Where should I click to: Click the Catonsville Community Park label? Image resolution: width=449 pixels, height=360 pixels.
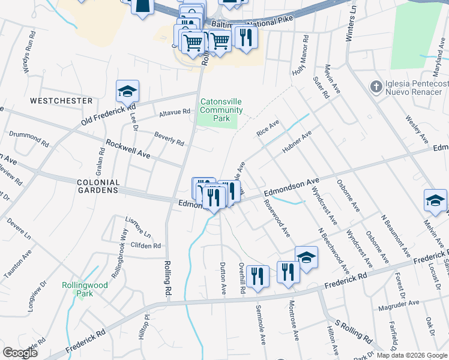coord(221,110)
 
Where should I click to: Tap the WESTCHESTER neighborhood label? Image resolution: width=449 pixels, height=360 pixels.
coord(61,101)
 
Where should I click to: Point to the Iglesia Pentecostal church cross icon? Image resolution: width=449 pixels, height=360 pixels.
coord(376,86)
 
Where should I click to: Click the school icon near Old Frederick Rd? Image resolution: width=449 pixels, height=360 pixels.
coord(127,91)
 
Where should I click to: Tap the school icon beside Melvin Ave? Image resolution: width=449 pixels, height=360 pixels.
coord(435,200)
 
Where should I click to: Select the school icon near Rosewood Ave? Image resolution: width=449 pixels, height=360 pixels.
coord(306,257)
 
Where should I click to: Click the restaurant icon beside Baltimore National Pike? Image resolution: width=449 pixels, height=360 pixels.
coord(246,37)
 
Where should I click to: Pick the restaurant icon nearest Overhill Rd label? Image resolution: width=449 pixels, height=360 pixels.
coord(258,276)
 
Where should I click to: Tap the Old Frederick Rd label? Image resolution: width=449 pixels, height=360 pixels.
coord(107,113)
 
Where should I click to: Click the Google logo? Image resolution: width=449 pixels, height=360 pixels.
coord(20,353)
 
